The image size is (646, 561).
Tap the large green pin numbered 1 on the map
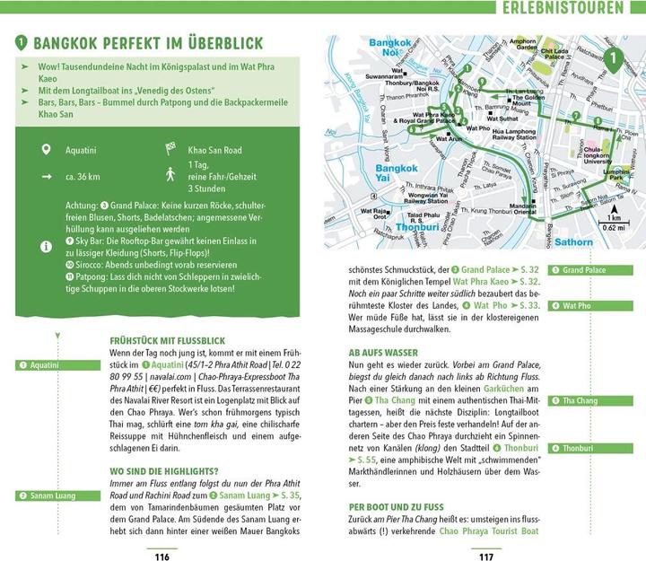(x=613, y=61)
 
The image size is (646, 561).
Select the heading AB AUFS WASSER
(x=385, y=353)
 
